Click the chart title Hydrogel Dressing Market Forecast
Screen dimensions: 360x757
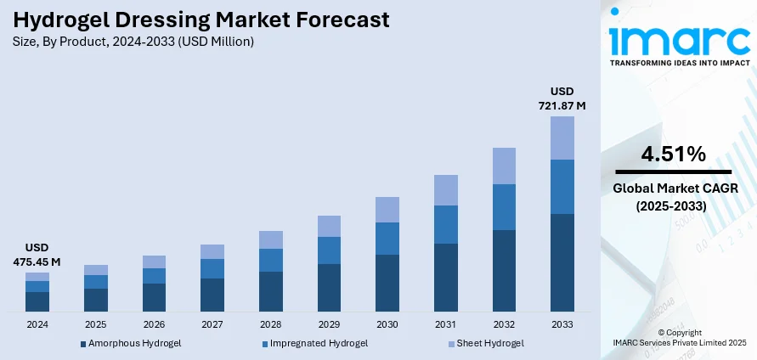201,19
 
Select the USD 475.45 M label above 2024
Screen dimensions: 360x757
37,256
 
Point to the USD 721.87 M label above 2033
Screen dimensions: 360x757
562,98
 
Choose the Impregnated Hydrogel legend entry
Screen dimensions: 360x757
315,343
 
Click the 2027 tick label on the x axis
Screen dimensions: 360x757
212,324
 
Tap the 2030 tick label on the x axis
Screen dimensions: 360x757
387,324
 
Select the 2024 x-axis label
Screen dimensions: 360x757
37,324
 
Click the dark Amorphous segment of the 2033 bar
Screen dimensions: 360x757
562,262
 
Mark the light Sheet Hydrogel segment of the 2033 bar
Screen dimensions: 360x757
562,138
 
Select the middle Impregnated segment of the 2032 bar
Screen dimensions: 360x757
504,207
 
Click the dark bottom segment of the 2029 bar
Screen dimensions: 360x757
329,288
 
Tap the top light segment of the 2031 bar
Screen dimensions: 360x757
445,190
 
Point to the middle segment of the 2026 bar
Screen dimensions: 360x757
154,276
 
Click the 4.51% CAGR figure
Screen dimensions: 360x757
673,155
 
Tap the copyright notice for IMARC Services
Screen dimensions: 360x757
679,338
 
